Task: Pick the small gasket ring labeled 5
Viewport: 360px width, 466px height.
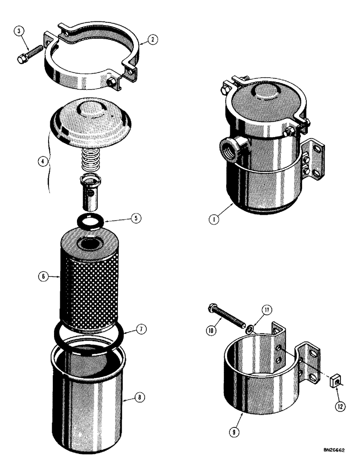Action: pos(90,221)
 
